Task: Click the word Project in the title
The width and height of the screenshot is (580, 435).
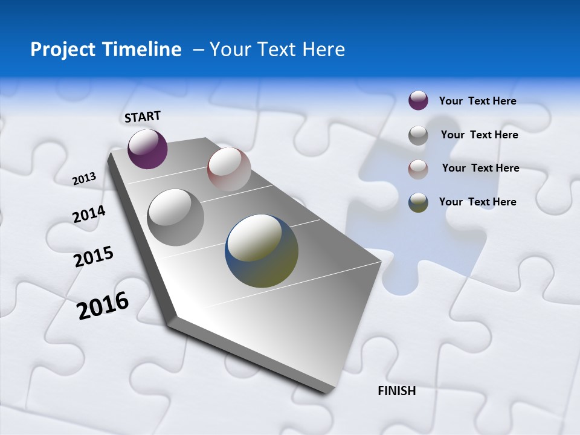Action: pyautogui.click(x=60, y=50)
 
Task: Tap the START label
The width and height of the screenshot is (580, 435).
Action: pyautogui.click(x=143, y=117)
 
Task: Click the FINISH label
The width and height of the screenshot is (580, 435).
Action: pyautogui.click(x=397, y=391)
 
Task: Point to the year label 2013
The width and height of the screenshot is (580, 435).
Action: pyautogui.click(x=84, y=179)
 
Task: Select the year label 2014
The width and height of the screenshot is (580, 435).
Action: pyautogui.click(x=89, y=214)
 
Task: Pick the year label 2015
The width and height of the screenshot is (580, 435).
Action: pyautogui.click(x=94, y=257)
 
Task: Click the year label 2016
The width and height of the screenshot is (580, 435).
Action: pyautogui.click(x=103, y=306)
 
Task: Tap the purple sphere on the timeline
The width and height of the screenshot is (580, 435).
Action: pyautogui.click(x=147, y=149)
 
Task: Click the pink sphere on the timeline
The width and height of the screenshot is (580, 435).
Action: pyautogui.click(x=229, y=169)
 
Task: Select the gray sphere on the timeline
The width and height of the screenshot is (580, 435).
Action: pyautogui.click(x=176, y=217)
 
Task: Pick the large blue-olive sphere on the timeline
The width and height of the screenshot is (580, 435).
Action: pyautogui.click(x=262, y=251)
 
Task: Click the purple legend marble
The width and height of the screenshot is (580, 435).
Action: pyautogui.click(x=418, y=100)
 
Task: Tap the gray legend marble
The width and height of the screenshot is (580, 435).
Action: pyautogui.click(x=418, y=135)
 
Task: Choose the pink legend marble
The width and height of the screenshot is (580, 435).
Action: pyautogui.click(x=418, y=169)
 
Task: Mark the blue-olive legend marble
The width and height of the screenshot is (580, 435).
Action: pyautogui.click(x=418, y=202)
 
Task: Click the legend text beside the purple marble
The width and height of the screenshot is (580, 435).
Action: pyautogui.click(x=477, y=101)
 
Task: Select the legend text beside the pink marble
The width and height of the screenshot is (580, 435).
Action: pyautogui.click(x=480, y=168)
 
